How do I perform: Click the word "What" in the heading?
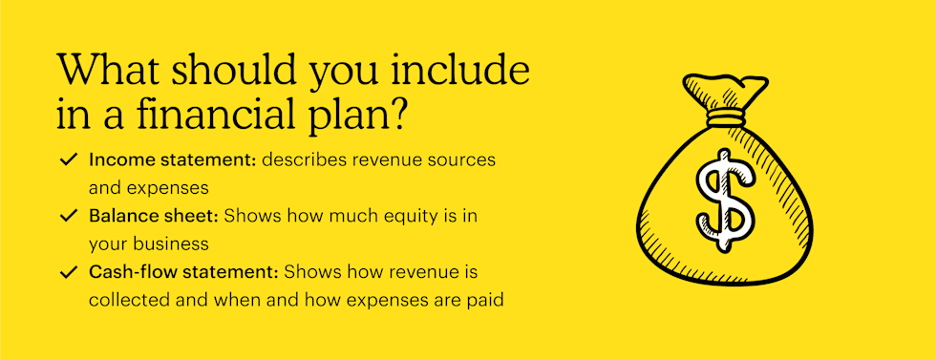tap(106, 71)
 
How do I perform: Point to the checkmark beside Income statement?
tap(69, 160)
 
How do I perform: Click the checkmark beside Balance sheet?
tap(69, 216)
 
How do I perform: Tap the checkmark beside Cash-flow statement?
tap(69, 273)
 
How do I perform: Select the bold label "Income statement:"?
tap(173, 160)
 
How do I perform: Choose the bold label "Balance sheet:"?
tap(154, 216)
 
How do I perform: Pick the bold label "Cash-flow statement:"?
tap(183, 273)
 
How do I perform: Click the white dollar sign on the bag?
tap(724, 200)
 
